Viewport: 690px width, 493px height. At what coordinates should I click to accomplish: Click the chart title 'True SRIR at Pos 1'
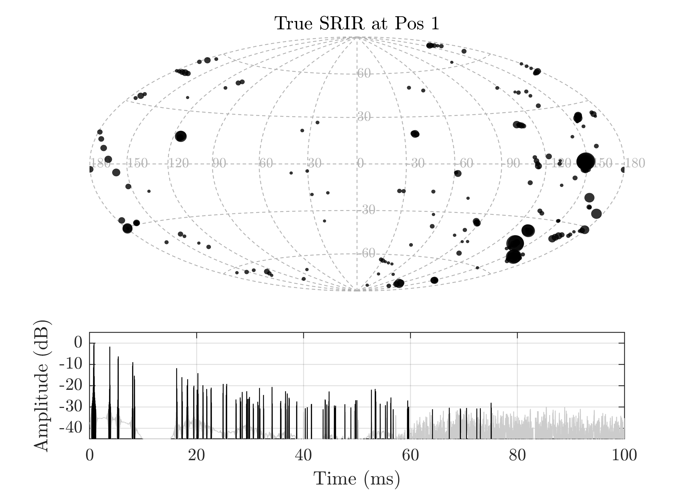[x=357, y=23]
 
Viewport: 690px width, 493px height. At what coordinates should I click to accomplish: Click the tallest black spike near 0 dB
[x=94, y=346]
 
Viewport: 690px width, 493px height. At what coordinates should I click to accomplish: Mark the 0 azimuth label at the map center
[x=360, y=164]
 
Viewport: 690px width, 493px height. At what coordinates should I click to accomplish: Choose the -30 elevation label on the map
[x=367, y=210]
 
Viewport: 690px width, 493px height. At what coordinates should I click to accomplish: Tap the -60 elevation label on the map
[x=367, y=253]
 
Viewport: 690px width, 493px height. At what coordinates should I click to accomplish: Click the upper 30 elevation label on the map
[x=364, y=117]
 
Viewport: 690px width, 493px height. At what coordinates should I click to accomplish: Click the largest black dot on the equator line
[x=586, y=161]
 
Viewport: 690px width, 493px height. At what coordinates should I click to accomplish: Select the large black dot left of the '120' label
[x=181, y=136]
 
